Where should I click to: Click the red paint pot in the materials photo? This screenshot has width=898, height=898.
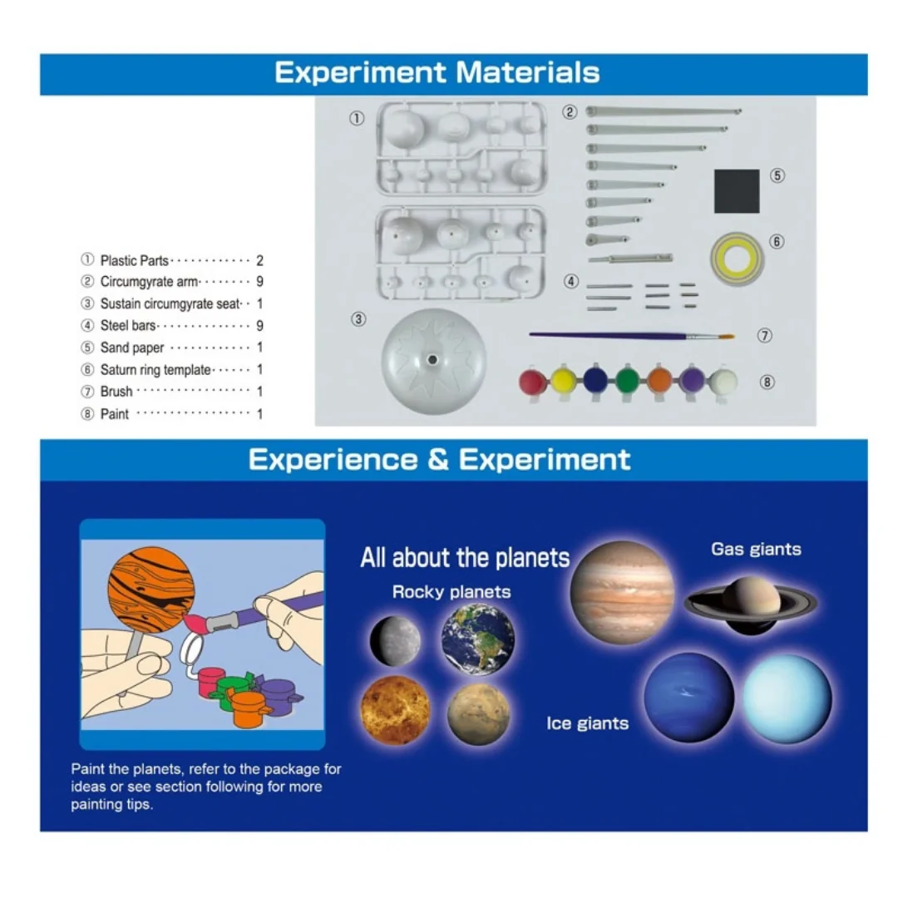(533, 382)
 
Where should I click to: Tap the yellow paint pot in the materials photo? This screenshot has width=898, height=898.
(564, 381)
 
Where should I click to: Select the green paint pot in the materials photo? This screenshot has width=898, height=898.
(628, 380)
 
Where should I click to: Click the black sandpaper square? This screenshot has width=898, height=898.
(737, 190)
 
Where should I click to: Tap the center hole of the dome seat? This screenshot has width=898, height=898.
(432, 360)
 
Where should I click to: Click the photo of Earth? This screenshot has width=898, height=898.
(477, 639)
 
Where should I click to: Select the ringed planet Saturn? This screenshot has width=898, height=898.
(751, 605)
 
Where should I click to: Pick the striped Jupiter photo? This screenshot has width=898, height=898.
(623, 592)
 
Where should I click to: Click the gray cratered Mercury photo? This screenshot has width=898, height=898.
(395, 641)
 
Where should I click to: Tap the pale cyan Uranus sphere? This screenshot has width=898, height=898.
(787, 698)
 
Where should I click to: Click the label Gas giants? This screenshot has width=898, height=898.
(756, 550)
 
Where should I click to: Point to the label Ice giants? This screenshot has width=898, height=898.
(587, 723)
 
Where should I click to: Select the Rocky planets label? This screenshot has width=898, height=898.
(451, 592)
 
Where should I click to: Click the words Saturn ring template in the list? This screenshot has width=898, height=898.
(155, 370)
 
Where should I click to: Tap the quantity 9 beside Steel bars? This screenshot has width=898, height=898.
(259, 326)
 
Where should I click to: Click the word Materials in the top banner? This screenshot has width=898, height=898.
(527, 72)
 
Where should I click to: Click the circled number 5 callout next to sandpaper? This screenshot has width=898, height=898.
(777, 175)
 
